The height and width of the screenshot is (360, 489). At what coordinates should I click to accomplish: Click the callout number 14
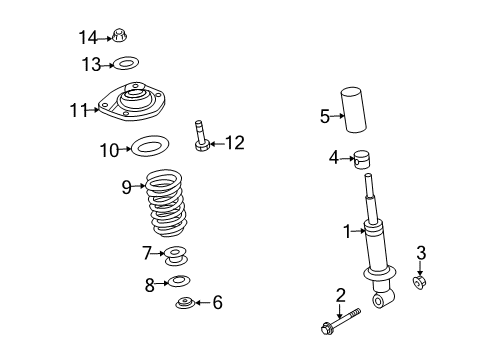(x=89, y=38)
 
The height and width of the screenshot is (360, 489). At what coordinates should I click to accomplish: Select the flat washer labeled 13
(x=124, y=65)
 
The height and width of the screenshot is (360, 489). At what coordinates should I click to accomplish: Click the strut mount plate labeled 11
(x=134, y=107)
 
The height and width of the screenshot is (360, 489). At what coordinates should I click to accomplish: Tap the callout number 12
(x=233, y=143)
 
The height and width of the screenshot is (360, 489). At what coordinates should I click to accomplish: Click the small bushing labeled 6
(x=186, y=305)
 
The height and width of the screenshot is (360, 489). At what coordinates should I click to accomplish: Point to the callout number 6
(x=218, y=303)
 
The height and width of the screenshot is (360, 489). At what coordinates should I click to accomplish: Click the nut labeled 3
(x=421, y=284)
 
